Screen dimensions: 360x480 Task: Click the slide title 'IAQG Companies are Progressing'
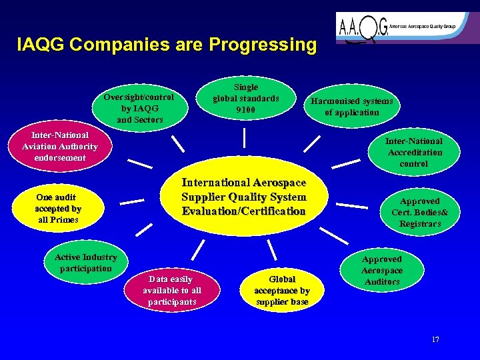pyautogui.click(x=167, y=45)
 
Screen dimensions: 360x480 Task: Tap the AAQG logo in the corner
pyautogui.click(x=407, y=29)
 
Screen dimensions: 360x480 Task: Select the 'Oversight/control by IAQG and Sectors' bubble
pyautogui.click(x=138, y=107)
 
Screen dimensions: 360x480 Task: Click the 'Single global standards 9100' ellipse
pyautogui.click(x=245, y=99)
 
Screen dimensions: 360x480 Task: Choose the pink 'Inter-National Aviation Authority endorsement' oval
pyautogui.click(x=59, y=146)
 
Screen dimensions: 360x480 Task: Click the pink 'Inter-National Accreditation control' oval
pyautogui.click(x=414, y=152)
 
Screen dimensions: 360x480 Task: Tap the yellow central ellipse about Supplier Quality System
pyautogui.click(x=244, y=197)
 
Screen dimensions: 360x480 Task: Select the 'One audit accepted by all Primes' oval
pyautogui.click(x=58, y=208)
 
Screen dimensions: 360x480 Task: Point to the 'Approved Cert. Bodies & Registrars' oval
pyautogui.click(x=419, y=212)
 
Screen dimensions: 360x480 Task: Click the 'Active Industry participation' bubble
pyautogui.click(x=85, y=263)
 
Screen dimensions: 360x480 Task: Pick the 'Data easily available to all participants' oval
pyautogui.click(x=171, y=291)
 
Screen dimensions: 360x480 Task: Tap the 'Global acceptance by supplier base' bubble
pyautogui.click(x=282, y=291)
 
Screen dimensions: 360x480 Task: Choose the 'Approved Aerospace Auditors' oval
pyautogui.click(x=382, y=270)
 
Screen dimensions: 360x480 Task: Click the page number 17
pyautogui.click(x=435, y=339)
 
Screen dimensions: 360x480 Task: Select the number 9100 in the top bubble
pyautogui.click(x=245, y=110)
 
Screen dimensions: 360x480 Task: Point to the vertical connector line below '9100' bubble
pyautogui.click(x=245, y=137)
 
